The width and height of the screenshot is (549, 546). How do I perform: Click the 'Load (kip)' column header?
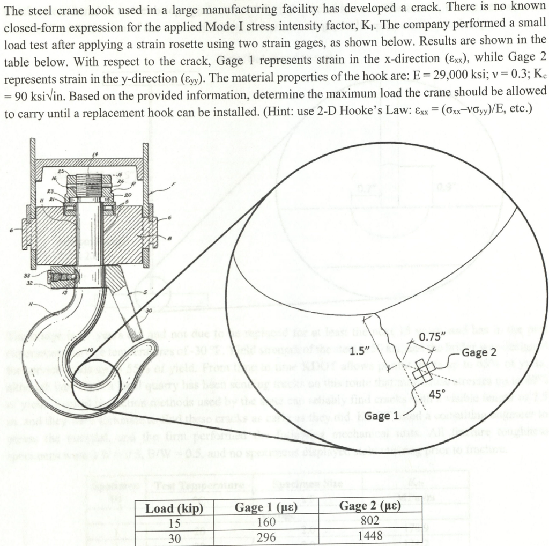point(174,508)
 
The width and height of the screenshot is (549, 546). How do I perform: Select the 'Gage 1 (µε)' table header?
point(265,508)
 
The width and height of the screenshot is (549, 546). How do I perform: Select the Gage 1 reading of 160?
point(266,522)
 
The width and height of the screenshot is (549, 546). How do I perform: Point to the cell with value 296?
point(266,537)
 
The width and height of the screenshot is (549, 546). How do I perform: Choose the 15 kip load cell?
point(174,523)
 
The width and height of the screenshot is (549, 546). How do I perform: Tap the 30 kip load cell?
point(174,537)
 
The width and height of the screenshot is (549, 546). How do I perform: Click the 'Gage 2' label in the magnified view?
point(479,353)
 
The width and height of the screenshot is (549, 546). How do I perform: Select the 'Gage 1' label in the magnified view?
point(382,416)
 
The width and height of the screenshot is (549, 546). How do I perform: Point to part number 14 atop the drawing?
point(96,154)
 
